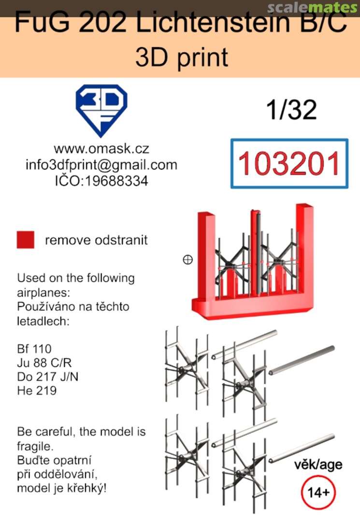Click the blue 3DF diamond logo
click(x=101, y=110)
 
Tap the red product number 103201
click(x=289, y=163)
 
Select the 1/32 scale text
click(x=291, y=110)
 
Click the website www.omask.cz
click(x=101, y=148)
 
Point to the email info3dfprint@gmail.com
click(x=101, y=165)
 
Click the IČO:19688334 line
click(x=101, y=181)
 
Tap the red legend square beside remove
click(x=26, y=240)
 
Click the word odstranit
click(x=121, y=240)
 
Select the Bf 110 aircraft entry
click(x=34, y=349)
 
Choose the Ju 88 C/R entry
click(x=44, y=363)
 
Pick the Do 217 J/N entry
click(x=47, y=377)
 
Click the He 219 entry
click(x=37, y=391)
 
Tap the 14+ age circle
click(x=318, y=493)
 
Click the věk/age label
click(x=318, y=465)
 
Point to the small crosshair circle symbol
click(x=187, y=260)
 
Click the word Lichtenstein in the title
click(x=214, y=23)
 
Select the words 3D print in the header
click(x=182, y=57)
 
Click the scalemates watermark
click(x=313, y=7)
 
